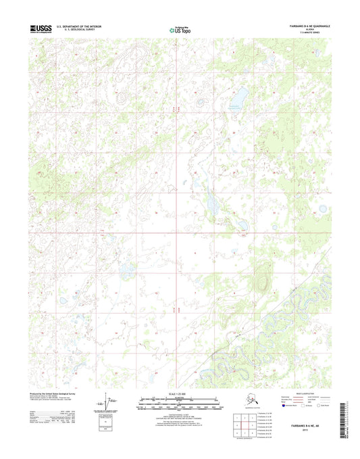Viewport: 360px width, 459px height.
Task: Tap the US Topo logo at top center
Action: (180, 29)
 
